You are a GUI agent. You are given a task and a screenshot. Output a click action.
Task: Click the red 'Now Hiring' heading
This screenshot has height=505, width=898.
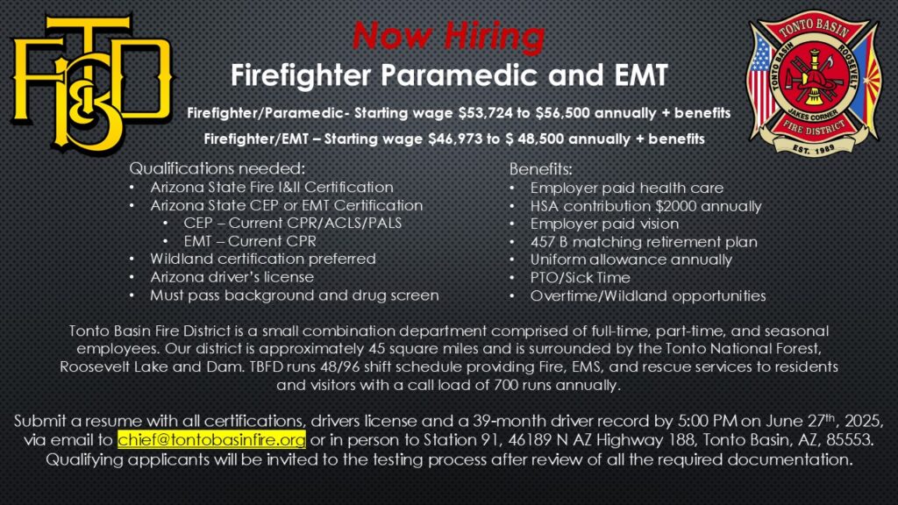pos(448,35)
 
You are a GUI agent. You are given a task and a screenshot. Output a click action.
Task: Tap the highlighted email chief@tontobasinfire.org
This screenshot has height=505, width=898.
pos(211,440)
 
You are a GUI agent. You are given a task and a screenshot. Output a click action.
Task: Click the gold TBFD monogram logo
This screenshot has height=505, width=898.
pos(91,83)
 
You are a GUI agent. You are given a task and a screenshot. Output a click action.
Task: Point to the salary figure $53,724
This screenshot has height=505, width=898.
pos(486,113)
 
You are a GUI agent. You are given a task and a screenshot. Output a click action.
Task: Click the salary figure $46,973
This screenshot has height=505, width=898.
pos(455,139)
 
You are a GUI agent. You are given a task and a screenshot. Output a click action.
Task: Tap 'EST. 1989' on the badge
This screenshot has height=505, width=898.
pos(814,148)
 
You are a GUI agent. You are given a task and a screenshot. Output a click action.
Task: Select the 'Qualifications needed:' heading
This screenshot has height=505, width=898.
pos(217,168)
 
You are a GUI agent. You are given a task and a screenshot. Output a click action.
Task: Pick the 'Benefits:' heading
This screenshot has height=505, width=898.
pos(540,169)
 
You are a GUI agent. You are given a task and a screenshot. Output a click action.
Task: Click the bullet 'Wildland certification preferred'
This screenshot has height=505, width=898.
pos(263,259)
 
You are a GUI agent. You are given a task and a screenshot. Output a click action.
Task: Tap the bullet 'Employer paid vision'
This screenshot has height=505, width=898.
pos(604,224)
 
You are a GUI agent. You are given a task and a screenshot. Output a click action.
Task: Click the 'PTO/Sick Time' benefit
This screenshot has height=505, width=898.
pos(581,278)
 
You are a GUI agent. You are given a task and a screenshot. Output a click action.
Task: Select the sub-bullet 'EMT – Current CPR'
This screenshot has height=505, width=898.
pos(250,241)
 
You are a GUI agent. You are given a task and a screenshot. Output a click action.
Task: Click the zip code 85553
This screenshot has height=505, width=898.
pos(852,440)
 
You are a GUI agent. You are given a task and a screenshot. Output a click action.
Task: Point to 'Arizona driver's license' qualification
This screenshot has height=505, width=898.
pos(232,277)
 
